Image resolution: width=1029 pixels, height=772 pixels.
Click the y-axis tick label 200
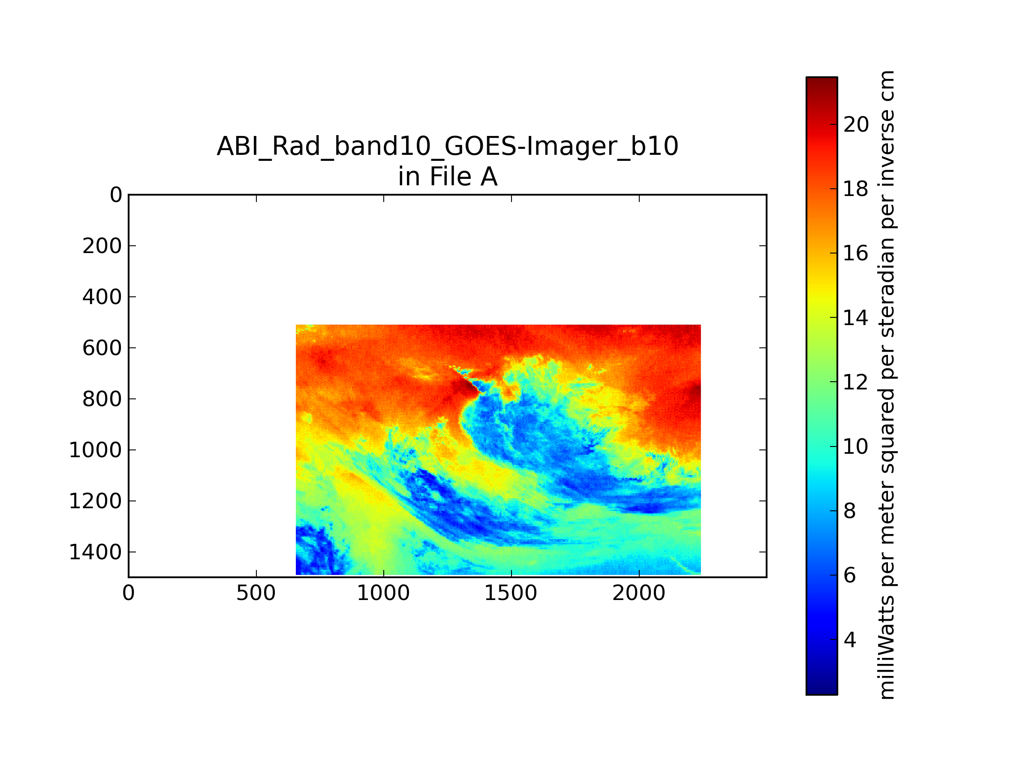click(x=102, y=246)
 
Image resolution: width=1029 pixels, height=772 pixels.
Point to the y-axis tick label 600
click(x=102, y=348)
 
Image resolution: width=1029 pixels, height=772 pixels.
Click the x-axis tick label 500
click(x=256, y=593)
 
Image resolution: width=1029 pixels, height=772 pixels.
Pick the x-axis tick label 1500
click(x=511, y=593)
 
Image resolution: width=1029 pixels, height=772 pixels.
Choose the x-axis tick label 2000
click(x=639, y=593)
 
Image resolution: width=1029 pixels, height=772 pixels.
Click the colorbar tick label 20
click(x=856, y=125)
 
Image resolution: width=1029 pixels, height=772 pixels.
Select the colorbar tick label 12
click(x=856, y=383)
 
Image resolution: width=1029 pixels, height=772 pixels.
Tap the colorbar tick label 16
click(x=856, y=253)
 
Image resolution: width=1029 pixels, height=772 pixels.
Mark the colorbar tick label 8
click(x=850, y=511)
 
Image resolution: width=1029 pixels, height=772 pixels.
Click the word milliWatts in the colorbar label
click(x=887, y=648)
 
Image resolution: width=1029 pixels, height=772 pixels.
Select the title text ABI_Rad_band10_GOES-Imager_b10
click(x=448, y=146)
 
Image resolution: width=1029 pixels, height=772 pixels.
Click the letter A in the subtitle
click(x=489, y=177)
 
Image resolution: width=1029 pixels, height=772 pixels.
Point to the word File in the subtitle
click(x=450, y=177)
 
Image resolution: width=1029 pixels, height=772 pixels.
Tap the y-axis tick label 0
click(x=116, y=195)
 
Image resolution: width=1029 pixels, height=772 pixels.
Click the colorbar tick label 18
click(x=856, y=189)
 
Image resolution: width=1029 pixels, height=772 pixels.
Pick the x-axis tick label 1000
click(x=383, y=593)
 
